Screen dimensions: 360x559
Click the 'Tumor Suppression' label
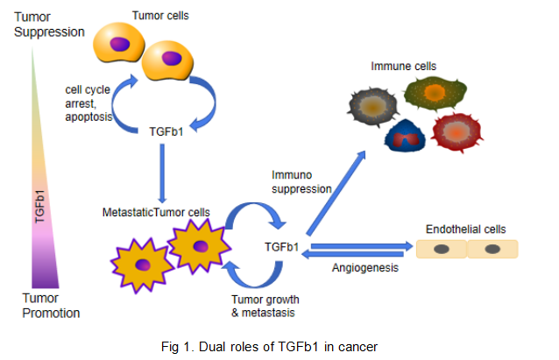point(48,25)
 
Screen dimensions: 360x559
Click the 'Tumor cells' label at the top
point(160,15)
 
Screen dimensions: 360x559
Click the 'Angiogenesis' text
point(360,267)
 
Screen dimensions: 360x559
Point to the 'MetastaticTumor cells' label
point(156,211)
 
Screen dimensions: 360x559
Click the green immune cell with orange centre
point(433,93)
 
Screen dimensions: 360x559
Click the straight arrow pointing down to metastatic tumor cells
point(163,171)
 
